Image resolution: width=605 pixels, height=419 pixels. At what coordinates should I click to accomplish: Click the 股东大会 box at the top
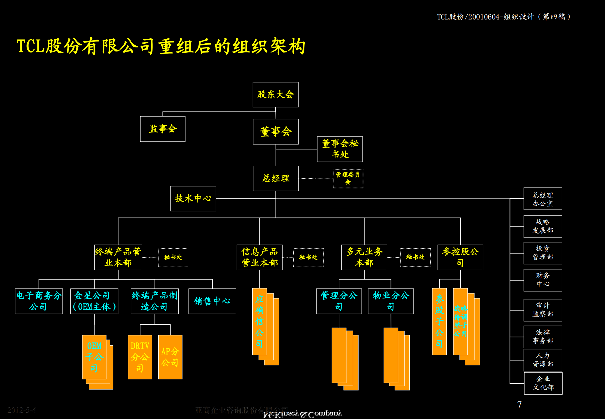click(x=275, y=95)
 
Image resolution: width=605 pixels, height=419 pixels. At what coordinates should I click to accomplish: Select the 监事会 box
click(x=163, y=129)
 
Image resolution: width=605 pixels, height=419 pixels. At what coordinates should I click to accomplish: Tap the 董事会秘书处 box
click(x=340, y=149)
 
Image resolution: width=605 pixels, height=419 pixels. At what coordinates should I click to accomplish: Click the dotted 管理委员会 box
click(x=348, y=178)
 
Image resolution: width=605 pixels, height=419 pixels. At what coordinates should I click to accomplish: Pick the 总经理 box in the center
click(x=276, y=178)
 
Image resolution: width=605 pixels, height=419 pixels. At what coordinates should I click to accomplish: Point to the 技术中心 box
click(x=193, y=199)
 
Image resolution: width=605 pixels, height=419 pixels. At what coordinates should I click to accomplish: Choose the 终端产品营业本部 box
click(x=118, y=257)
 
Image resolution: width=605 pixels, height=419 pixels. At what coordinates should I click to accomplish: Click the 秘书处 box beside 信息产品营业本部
click(x=308, y=257)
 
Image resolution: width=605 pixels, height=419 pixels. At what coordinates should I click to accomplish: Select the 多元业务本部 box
click(x=364, y=257)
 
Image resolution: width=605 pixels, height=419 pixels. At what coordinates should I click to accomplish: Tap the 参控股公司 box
click(x=460, y=257)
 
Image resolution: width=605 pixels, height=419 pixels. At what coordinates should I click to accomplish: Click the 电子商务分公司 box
click(x=39, y=301)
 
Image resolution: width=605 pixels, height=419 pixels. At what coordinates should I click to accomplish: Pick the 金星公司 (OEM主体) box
click(x=94, y=301)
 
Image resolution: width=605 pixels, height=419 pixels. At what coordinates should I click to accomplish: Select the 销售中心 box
click(x=212, y=301)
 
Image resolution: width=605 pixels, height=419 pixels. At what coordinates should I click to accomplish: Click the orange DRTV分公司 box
click(x=140, y=357)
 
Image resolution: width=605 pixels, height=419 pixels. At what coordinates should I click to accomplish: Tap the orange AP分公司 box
click(x=170, y=357)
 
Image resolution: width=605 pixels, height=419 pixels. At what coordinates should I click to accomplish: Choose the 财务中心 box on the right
click(x=543, y=280)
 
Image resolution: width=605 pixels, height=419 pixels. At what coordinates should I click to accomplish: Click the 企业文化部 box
click(x=543, y=383)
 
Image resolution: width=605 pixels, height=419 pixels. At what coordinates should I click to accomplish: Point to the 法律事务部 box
click(x=543, y=337)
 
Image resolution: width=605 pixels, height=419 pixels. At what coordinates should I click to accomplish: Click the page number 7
click(x=519, y=404)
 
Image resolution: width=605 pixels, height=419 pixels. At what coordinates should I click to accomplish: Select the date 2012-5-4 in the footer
click(x=22, y=410)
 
